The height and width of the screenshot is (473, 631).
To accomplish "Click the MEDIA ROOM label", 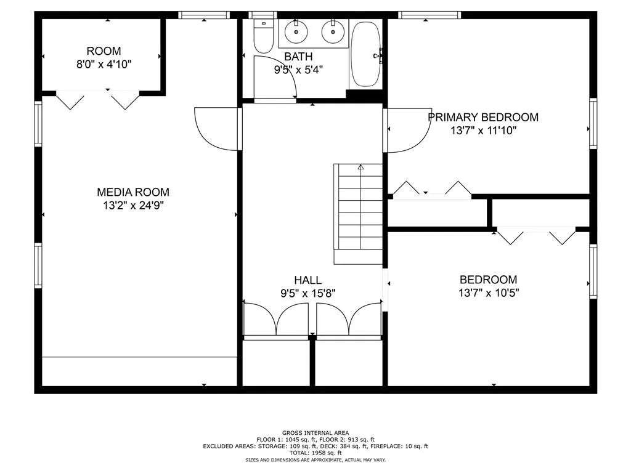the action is (133, 192).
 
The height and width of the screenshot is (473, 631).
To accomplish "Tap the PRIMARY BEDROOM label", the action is (483, 117).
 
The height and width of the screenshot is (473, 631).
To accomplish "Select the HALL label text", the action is (308, 280).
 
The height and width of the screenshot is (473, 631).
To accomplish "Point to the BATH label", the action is (298, 56).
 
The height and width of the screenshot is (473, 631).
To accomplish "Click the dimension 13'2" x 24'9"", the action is (133, 206).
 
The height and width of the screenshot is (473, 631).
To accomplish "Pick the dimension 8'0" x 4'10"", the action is (104, 64).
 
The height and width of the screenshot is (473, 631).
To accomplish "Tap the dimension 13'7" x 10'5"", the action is (489, 293).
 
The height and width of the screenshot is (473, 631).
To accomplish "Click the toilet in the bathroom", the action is (264, 36).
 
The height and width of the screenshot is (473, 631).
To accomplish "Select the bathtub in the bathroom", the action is (365, 54).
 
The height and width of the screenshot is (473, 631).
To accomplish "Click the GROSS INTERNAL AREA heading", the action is (315, 433).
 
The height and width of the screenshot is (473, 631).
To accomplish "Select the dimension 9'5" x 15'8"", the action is (308, 294).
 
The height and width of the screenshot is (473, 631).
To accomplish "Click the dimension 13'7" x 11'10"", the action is (483, 131).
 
